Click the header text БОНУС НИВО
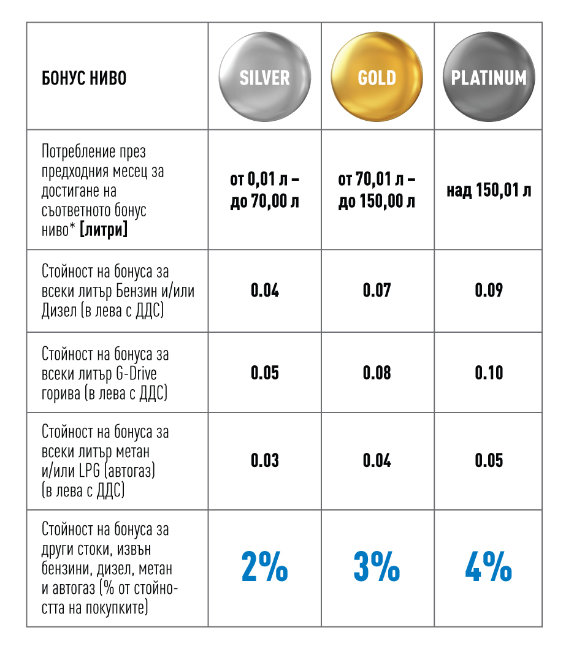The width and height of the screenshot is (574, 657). [84, 78]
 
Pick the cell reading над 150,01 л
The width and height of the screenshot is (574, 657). [489, 191]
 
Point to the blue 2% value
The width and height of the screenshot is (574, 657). [264, 568]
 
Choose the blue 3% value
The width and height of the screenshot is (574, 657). [377, 568]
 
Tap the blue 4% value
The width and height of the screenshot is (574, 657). [489, 568]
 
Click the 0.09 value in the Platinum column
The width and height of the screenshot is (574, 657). [489, 291]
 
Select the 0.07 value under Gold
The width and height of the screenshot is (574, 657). [377, 291]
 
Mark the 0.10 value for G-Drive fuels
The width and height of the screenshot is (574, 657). [489, 373]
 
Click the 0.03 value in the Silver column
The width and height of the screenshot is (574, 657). [264, 460]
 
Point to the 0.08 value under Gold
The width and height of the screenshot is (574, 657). [377, 373]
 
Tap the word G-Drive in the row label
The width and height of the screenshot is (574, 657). [145, 373]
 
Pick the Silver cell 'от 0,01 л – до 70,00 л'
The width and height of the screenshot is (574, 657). [264, 191]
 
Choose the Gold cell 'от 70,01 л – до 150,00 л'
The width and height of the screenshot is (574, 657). [377, 191]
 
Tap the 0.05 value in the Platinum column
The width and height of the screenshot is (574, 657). [489, 460]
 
